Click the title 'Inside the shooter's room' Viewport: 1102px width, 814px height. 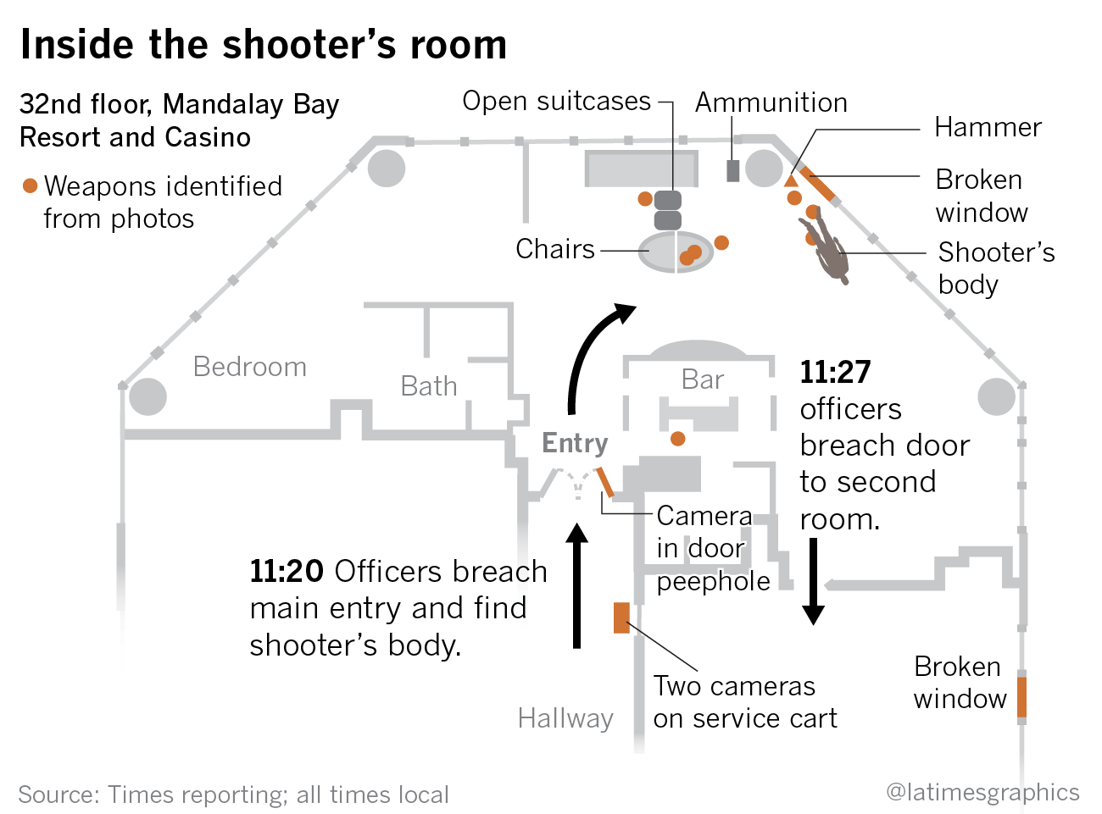click(264, 45)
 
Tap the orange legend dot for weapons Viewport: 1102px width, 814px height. click(31, 186)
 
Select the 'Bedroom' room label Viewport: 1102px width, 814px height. click(249, 367)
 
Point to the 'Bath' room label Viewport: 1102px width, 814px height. click(429, 386)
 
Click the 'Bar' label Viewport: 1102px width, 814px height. click(703, 379)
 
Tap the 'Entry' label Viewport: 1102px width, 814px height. click(575, 443)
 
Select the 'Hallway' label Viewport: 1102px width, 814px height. click(565, 718)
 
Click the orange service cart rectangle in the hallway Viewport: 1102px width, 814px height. click(621, 617)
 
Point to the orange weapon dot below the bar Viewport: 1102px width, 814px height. click(678, 439)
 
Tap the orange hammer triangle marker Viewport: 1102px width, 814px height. click(791, 180)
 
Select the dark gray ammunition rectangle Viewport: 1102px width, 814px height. click(733, 170)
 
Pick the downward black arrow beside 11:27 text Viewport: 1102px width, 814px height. click(813, 581)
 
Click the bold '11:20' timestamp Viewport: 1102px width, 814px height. click(286, 572)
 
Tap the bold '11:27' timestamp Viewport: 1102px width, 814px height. click(835, 372)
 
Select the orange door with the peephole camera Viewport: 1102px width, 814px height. click(604, 482)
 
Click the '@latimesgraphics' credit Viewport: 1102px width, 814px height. click(982, 792)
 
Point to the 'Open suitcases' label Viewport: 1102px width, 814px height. click(556, 102)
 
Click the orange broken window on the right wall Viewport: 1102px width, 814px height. click(1022, 697)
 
